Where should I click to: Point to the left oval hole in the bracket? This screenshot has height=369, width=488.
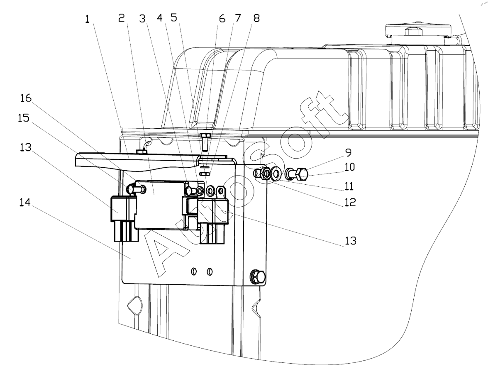click(x=193, y=272)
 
